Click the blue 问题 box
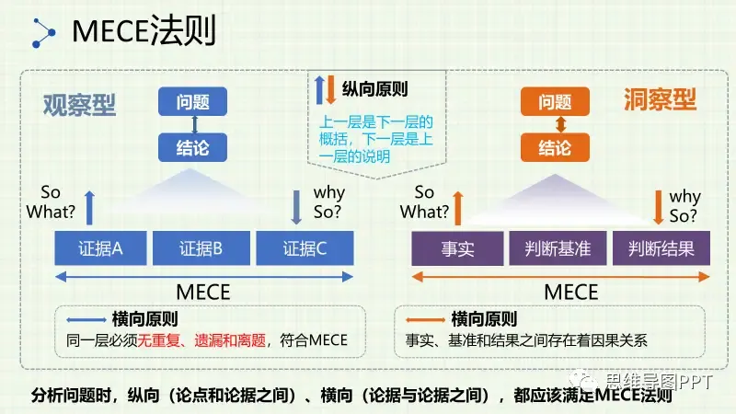[x=192, y=102]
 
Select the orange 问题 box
[x=555, y=102]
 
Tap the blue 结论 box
[x=192, y=147]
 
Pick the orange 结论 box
[x=555, y=147]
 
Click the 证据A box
[x=101, y=248]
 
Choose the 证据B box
[x=201, y=248]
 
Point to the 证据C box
[x=305, y=248]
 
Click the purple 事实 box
[x=457, y=248]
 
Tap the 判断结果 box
[x=662, y=248]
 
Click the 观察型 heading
[x=80, y=103]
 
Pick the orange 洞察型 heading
[x=660, y=99]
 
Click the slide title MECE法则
[x=144, y=34]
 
